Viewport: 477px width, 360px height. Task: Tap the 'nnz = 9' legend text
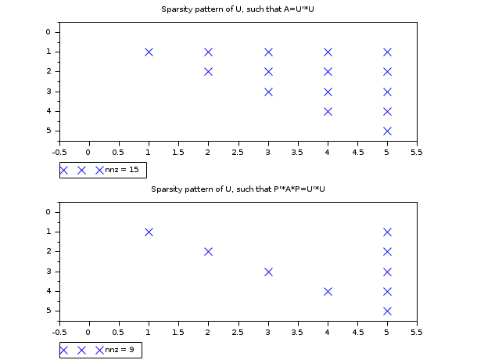coord(121,350)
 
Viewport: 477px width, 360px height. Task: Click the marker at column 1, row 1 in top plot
coord(149,52)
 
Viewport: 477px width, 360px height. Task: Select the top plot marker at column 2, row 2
coord(208,71)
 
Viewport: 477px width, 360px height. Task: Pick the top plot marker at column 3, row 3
coord(268,92)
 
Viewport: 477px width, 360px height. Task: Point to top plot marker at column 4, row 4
coord(328,111)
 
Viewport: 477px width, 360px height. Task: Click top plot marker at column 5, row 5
coord(387,131)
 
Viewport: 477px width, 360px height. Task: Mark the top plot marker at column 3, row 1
coord(268,52)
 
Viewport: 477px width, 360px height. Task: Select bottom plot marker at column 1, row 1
coord(149,232)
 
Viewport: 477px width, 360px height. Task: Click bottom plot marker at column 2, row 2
coord(208,251)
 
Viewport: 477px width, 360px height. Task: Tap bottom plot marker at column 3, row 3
coord(268,272)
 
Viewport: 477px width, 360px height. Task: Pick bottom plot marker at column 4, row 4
coord(328,291)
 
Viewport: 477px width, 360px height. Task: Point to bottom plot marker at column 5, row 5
coord(387,311)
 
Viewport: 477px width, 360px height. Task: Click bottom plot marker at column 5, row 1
coord(387,232)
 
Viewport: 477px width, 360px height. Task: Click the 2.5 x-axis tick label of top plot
coord(238,152)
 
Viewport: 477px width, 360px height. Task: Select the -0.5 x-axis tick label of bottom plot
coord(59,332)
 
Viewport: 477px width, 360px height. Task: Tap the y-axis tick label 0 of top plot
coord(48,32)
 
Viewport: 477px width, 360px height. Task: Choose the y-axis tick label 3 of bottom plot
coord(48,272)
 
